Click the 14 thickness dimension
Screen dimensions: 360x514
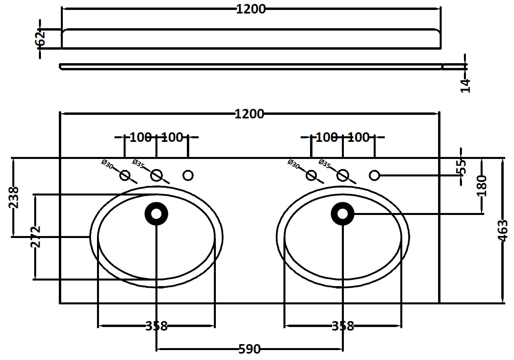(x=466, y=85)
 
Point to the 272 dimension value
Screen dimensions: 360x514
(x=36, y=236)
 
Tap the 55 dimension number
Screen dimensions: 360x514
(x=461, y=167)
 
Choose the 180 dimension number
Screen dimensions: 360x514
(x=482, y=186)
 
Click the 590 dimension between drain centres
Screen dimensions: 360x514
(x=249, y=349)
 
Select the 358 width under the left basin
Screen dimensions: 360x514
(x=156, y=326)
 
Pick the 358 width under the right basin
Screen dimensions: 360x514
(x=343, y=326)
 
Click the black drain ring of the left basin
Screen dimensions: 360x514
(x=156, y=214)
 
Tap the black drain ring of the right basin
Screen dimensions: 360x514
(x=343, y=214)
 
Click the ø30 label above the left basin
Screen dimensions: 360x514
(x=107, y=164)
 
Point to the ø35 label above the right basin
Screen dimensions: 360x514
(x=325, y=164)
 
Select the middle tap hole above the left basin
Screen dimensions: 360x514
(x=156, y=175)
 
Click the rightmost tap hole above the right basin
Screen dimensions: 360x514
(x=374, y=175)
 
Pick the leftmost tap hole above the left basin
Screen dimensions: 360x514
(x=125, y=175)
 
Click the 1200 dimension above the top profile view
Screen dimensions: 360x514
(x=251, y=9)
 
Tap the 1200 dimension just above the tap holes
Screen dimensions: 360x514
(x=249, y=114)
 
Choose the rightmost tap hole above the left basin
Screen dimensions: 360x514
(x=188, y=175)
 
